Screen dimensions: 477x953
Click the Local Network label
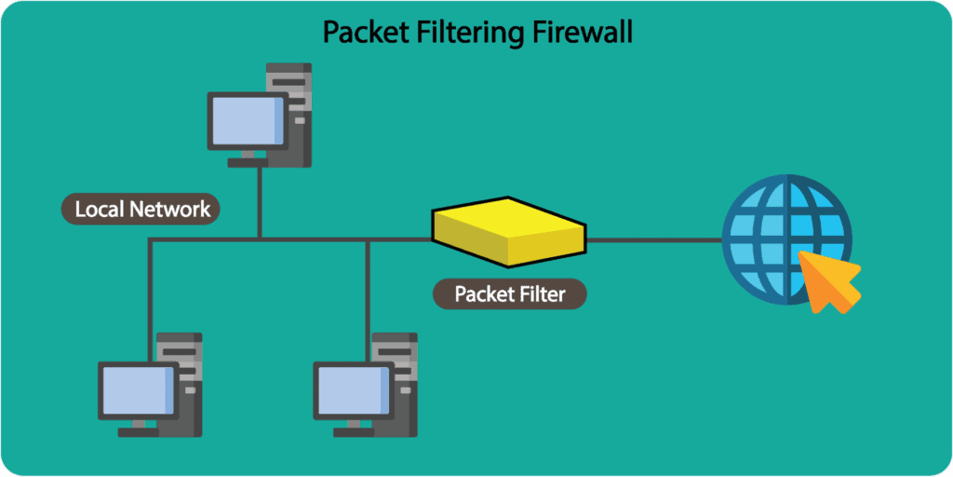coord(141,209)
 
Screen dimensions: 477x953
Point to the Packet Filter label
coord(510,294)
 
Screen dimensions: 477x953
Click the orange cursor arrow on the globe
coord(829,282)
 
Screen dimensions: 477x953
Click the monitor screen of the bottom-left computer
coord(138,390)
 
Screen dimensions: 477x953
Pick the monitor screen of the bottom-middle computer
coord(353,390)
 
